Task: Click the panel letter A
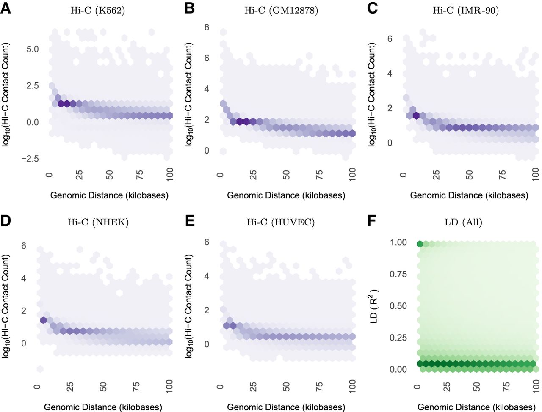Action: click(6, 8)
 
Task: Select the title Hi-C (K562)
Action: click(98, 11)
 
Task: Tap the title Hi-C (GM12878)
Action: click(281, 11)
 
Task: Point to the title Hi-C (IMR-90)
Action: click(465, 11)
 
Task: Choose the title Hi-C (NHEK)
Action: click(98, 222)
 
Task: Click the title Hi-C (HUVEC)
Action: click(281, 222)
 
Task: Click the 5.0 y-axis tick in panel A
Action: click(32, 49)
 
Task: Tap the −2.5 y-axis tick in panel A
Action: click(30, 159)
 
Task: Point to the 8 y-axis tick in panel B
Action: click(207, 27)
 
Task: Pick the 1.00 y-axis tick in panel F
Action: click(398, 243)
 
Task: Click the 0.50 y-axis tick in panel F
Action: click(398, 306)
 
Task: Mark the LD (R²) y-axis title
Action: click(374, 306)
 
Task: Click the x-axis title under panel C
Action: click(469, 195)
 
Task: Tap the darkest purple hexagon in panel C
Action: click(416, 115)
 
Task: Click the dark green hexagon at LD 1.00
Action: click(420, 244)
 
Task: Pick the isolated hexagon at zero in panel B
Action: click(223, 151)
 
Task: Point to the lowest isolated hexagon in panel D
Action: click(40, 369)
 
